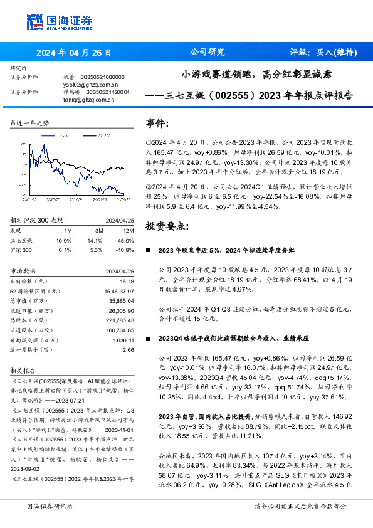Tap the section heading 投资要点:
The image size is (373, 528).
[167, 224]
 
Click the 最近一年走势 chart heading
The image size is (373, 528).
[29, 124]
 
